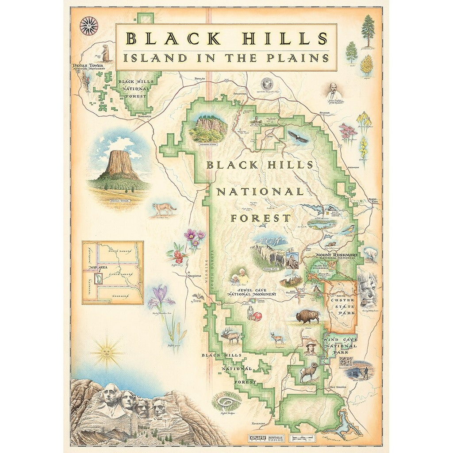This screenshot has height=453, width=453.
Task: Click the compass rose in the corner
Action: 89,26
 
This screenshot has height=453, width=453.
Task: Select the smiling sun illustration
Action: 106,352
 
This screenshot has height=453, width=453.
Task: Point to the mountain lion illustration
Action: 164,208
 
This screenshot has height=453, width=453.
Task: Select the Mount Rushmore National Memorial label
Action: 336,257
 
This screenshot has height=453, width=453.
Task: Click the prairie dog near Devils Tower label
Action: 106,53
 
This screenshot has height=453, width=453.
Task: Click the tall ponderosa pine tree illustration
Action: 368,30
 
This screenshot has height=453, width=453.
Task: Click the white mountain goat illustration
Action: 370,253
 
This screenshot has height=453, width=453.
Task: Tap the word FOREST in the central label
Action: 260,218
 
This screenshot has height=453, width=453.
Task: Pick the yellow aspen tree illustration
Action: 366,65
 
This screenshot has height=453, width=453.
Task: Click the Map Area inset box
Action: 113,273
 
